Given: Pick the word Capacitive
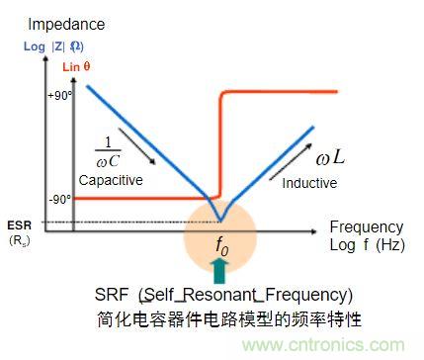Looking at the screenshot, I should pyautogui.click(x=110, y=181).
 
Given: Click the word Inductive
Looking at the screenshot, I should pyautogui.click(x=309, y=183).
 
